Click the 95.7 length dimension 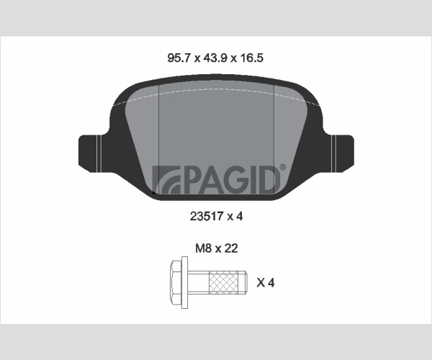[179, 58]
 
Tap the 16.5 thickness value [251, 58]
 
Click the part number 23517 [207, 217]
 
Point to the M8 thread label [203, 248]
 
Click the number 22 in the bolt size [231, 248]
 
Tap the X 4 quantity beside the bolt [266, 283]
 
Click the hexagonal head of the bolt [176, 283]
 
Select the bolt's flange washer [184, 283]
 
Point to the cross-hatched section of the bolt [223, 283]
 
